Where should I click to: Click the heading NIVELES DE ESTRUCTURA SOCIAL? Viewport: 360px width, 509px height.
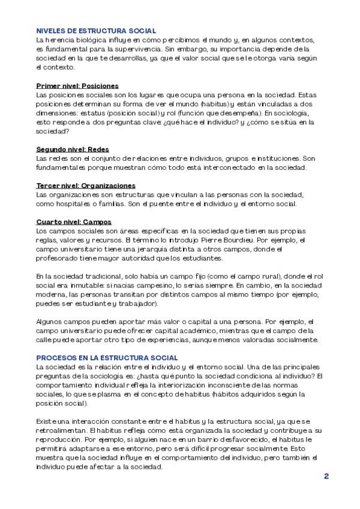click(96, 31)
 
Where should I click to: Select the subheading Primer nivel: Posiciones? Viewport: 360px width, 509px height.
click(77, 86)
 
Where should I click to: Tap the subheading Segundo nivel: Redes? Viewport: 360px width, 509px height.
click(73, 149)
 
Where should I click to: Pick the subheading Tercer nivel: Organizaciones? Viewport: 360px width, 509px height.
click(86, 185)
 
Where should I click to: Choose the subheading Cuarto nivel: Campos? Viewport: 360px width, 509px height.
click(74, 221)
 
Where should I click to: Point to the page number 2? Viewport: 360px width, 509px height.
click(326, 476)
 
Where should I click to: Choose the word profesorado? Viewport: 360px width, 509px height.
click(60, 258)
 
